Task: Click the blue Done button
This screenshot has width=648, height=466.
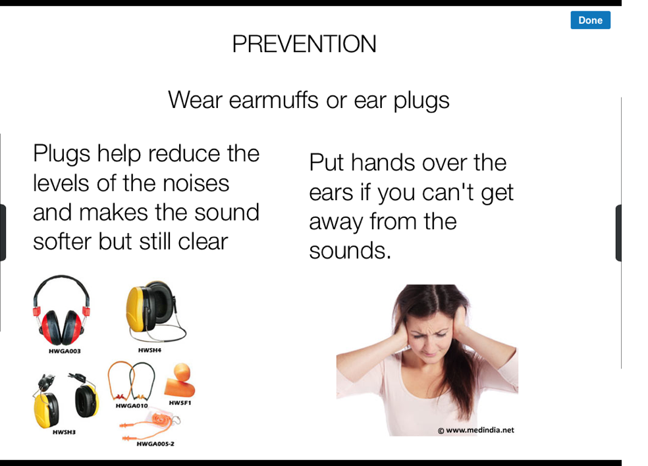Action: click(x=590, y=20)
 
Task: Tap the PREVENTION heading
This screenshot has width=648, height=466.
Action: click(x=304, y=44)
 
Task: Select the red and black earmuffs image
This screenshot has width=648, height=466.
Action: click(x=62, y=310)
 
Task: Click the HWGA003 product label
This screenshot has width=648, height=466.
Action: click(x=65, y=351)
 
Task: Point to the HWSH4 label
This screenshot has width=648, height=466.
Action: click(x=149, y=350)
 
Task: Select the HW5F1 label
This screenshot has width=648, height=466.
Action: click(x=180, y=403)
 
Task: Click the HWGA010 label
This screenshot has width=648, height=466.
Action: click(x=132, y=405)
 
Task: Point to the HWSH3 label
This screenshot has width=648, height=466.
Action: click(x=64, y=432)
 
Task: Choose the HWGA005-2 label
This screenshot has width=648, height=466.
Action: click(x=155, y=444)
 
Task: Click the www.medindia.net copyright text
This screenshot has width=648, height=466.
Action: click(x=476, y=430)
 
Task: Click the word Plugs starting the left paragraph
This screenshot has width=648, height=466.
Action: click(x=62, y=154)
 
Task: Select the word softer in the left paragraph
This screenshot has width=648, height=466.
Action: click(x=63, y=242)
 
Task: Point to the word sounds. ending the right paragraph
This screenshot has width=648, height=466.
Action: click(x=350, y=251)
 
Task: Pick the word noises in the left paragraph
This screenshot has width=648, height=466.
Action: click(x=196, y=184)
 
